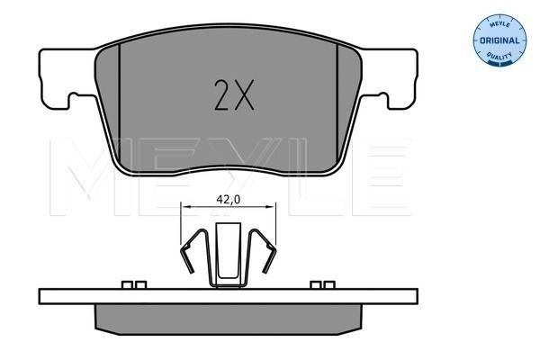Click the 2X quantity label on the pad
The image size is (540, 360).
pyautogui.click(x=234, y=95)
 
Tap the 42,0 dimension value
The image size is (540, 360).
pyautogui.click(x=228, y=200)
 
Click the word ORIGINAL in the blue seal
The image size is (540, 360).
pyautogui.click(x=499, y=40)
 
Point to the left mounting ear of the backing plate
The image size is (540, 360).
pyautogui.click(x=55, y=78)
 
